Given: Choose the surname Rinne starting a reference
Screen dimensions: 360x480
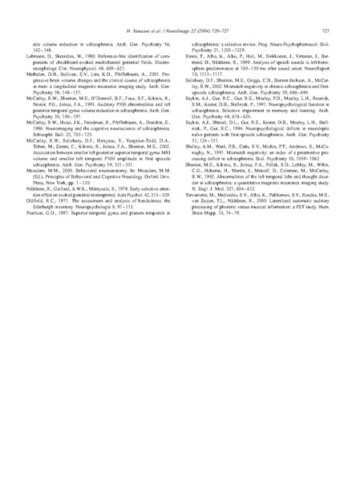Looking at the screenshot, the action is click(x=196, y=58).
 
